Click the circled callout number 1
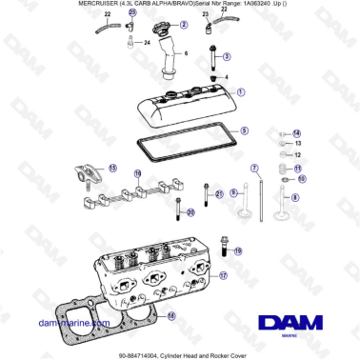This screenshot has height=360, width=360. click(241, 93)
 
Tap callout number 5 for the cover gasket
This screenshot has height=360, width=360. click(243, 130)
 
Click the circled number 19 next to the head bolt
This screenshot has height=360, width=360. click(237, 250)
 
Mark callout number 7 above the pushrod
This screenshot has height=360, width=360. click(254, 168)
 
